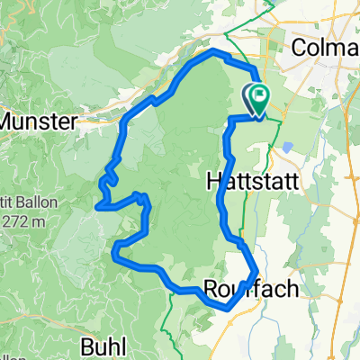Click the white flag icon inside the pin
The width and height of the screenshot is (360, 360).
258,94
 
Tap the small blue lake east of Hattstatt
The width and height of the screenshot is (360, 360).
286,146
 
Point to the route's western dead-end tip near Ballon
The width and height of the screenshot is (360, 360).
95,207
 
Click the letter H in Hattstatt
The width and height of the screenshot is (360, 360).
214,179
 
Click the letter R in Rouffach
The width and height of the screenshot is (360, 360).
211,290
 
